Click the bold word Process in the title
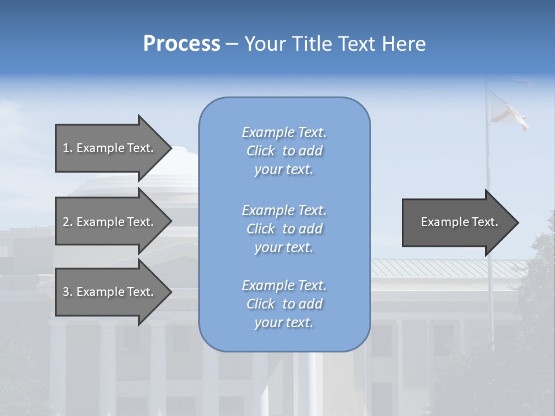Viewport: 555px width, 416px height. tap(182, 44)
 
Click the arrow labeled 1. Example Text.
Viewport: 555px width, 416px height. tap(110, 148)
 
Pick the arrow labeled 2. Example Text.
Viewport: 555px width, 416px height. tap(110, 222)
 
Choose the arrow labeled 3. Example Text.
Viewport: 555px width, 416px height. tap(110, 292)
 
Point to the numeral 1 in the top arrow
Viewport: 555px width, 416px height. tap(66, 148)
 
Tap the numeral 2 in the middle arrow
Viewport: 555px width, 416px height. tap(66, 222)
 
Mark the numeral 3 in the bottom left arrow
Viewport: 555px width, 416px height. tap(66, 292)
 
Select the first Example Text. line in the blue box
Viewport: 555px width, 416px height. tap(284, 132)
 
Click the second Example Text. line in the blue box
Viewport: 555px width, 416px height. tap(284, 210)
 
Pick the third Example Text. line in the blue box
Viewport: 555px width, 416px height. tap(284, 285)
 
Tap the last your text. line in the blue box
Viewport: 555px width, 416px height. tap(284, 322)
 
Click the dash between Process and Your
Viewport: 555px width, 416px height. tap(232, 44)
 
